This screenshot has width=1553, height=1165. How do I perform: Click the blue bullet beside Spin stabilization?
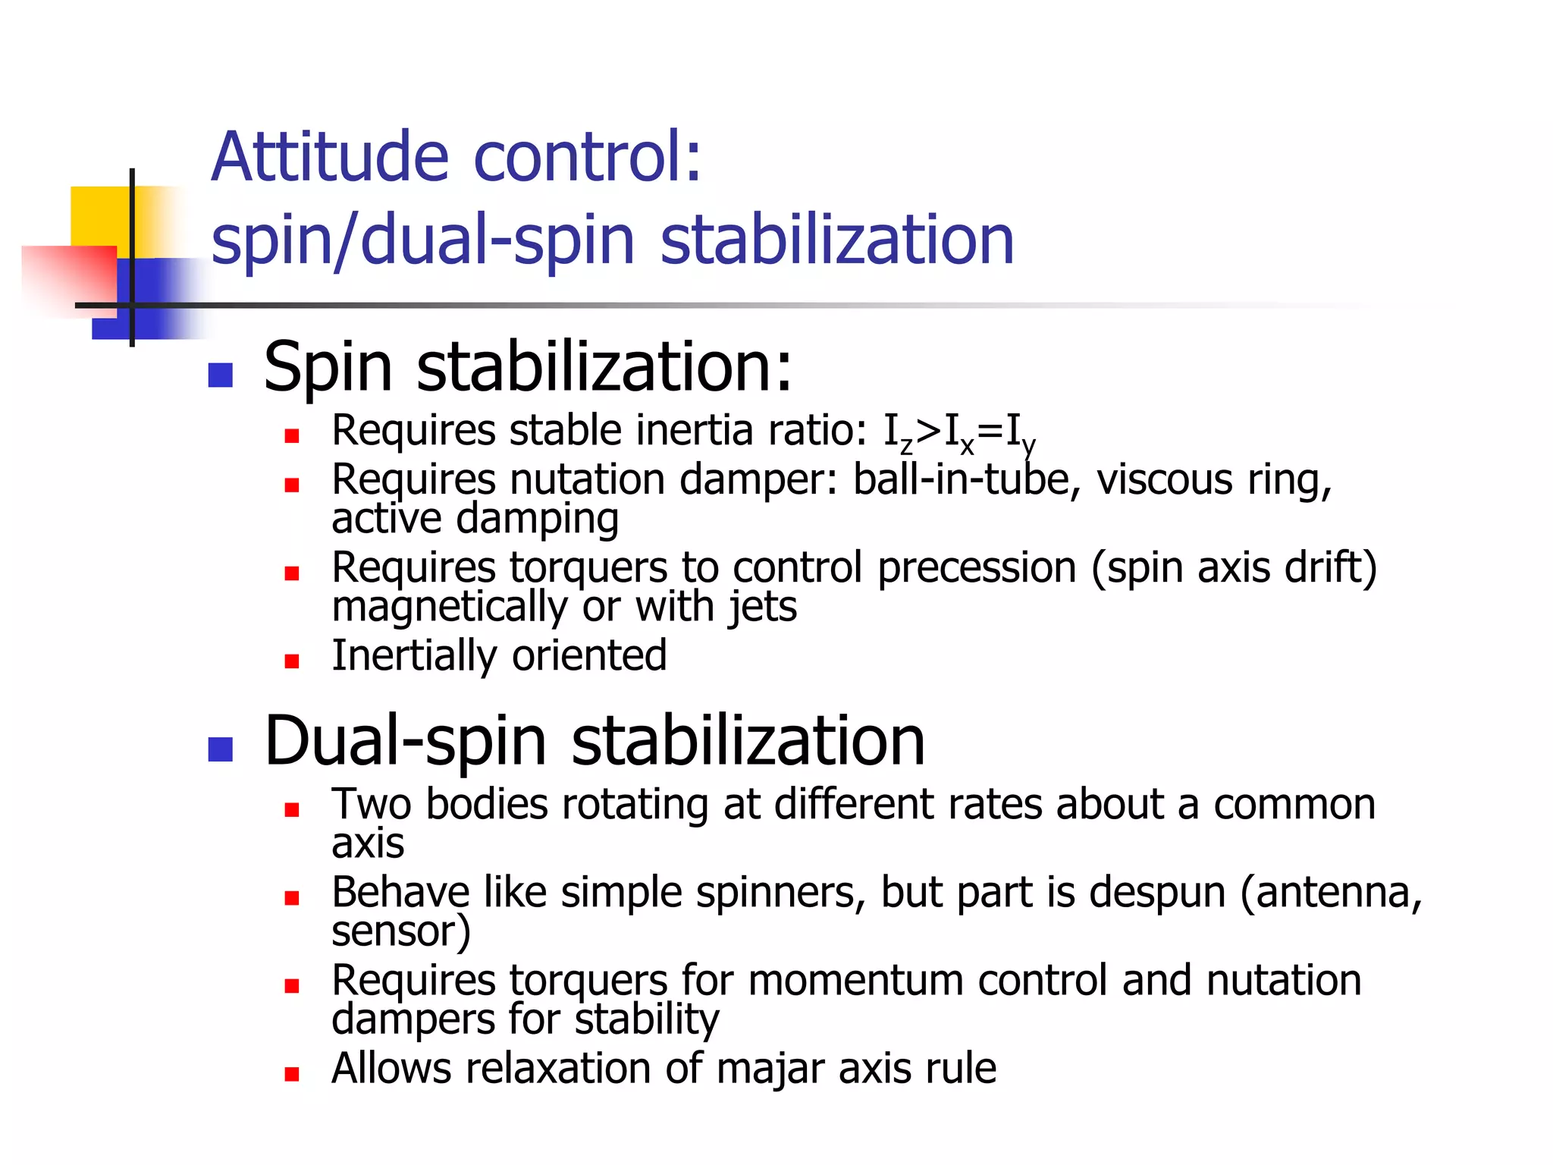coord(220,375)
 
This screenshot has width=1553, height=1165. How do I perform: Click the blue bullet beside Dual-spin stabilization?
coord(220,749)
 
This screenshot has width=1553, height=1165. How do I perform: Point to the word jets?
coord(762,608)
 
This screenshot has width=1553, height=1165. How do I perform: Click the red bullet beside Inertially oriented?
coord(292,661)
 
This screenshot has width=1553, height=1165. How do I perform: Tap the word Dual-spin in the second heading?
coord(405,741)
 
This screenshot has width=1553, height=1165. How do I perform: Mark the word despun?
coord(1157,893)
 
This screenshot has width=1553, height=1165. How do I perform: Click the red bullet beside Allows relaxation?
coord(292,1074)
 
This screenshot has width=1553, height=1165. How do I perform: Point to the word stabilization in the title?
coord(837,240)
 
